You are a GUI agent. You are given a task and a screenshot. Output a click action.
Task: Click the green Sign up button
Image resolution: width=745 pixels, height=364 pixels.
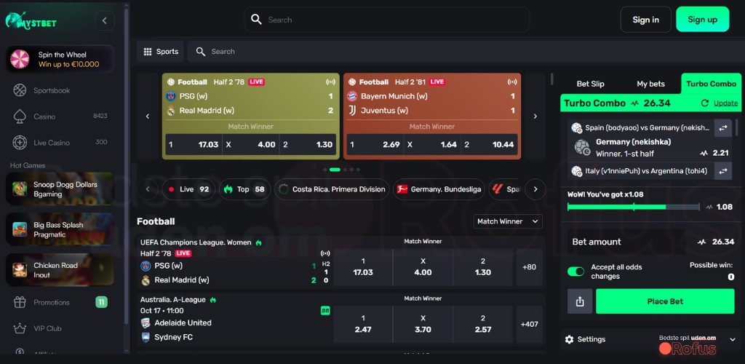[702, 20]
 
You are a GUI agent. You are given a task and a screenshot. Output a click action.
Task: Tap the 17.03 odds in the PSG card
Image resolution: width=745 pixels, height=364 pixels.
[194, 144]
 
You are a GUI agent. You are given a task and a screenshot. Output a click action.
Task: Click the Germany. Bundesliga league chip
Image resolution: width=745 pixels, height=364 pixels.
[439, 189]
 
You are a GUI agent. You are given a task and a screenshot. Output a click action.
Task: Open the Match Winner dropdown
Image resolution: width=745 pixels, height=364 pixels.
[509, 221]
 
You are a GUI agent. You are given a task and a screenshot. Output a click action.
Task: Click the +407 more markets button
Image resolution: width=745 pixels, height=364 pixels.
[530, 323]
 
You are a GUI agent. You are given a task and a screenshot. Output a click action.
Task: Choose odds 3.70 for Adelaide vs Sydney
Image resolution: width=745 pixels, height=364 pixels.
[423, 323]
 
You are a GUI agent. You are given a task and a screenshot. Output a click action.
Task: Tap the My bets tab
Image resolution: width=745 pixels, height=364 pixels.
[650, 84]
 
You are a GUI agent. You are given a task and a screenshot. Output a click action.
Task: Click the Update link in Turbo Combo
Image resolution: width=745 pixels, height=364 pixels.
[725, 103]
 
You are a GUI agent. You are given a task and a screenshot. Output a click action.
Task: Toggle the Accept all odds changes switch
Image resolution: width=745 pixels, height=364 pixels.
[576, 272]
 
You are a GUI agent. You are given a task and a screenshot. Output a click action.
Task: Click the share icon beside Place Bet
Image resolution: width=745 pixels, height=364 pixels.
[580, 301]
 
